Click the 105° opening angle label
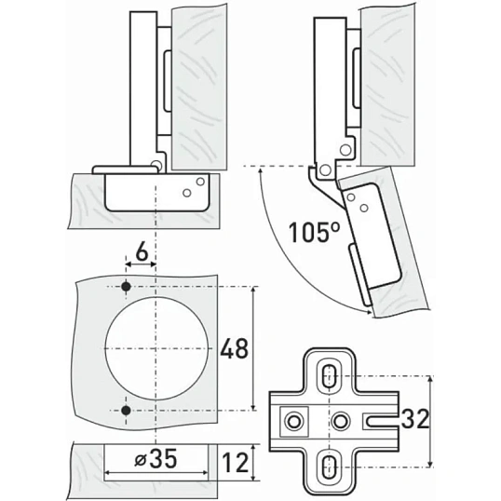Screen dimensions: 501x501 (x=315, y=231)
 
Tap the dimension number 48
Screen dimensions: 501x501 (x=235, y=348)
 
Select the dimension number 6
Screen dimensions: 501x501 (x=142, y=253)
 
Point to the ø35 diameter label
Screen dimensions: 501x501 (x=156, y=459)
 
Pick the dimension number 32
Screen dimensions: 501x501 (x=414, y=419)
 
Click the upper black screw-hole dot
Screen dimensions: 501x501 (x=127, y=286)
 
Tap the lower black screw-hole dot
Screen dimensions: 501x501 (x=127, y=411)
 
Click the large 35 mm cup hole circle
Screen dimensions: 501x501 (x=105, y=348)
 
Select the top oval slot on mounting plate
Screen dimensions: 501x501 (x=328, y=376)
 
